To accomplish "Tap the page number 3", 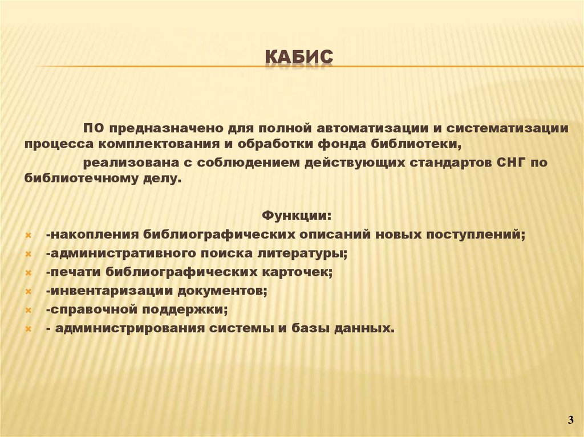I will (570, 420).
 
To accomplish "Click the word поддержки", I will (193, 309).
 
